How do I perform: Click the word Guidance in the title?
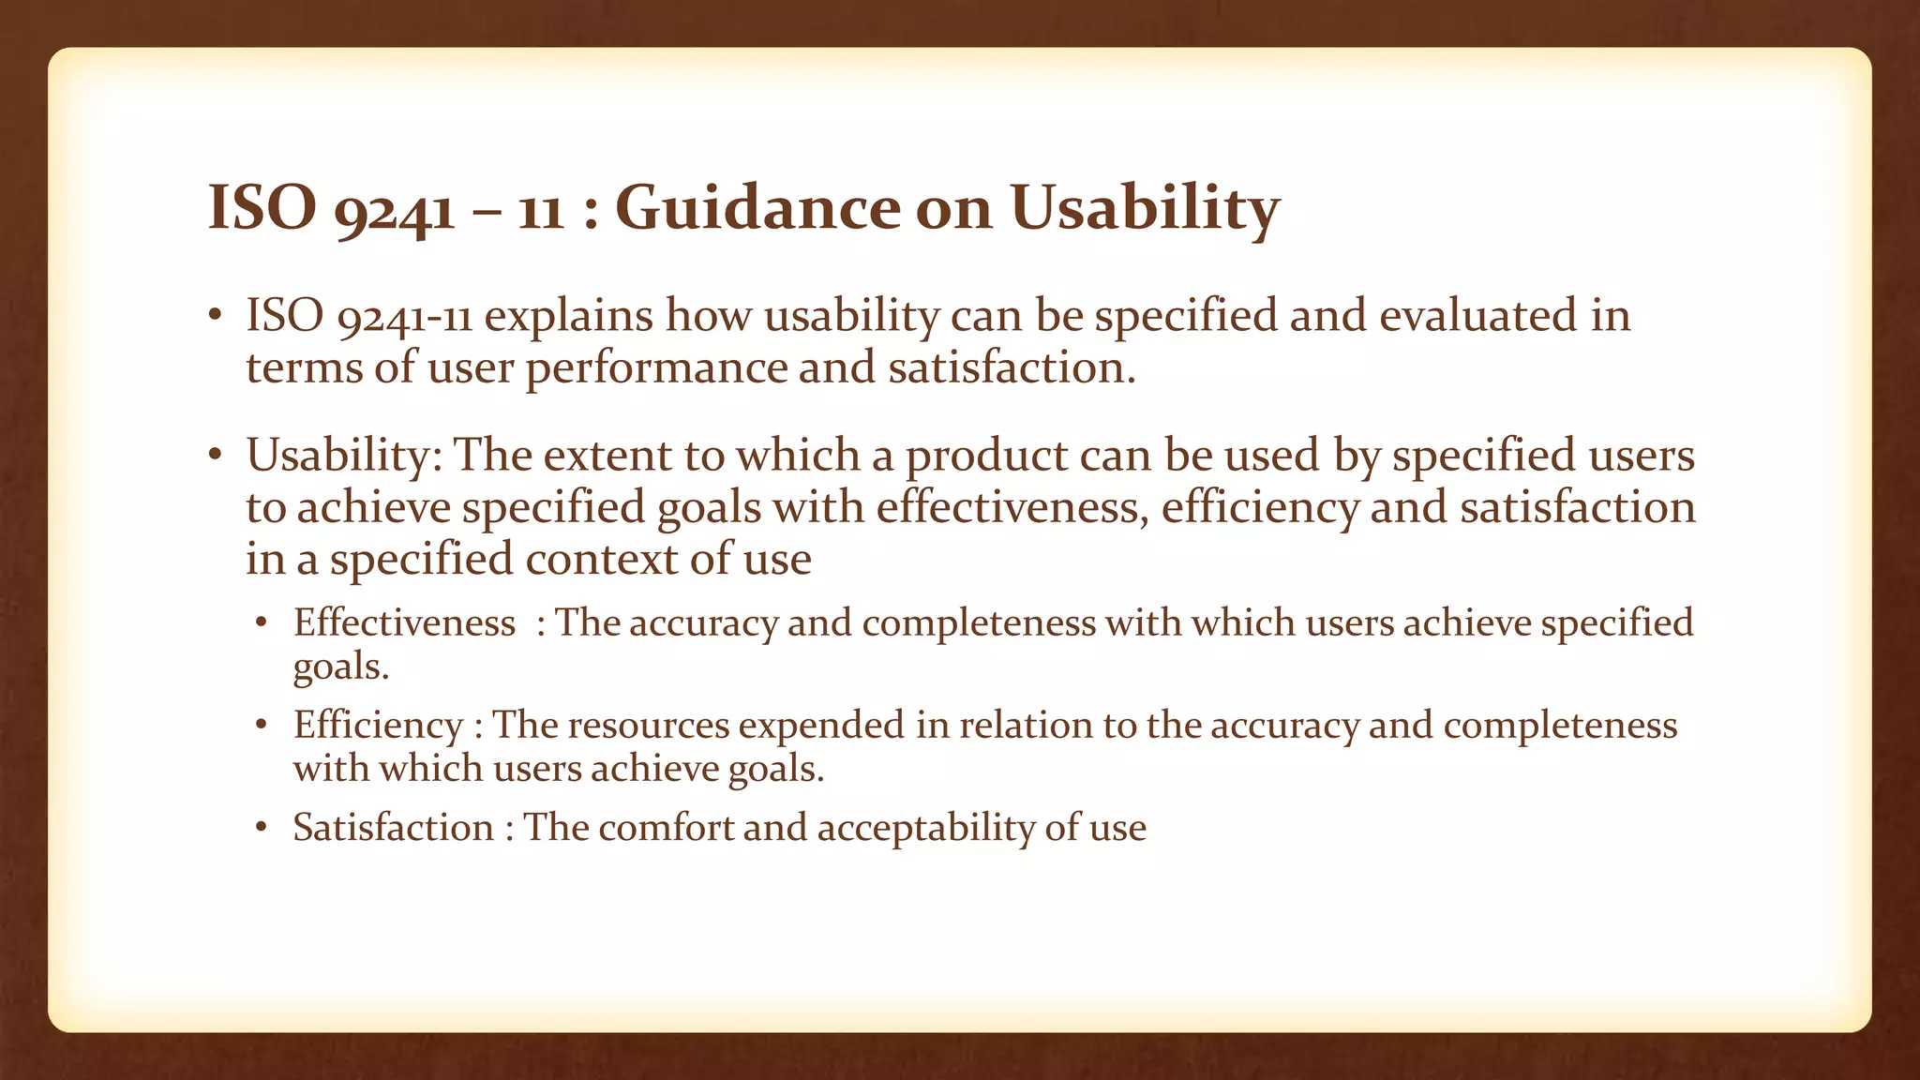pos(757,208)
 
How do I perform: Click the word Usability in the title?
pos(1145,208)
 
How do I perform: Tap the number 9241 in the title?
pos(395,210)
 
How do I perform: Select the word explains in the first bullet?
pos(568,317)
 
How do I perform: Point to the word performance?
pos(656,368)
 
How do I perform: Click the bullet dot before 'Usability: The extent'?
pos(215,456)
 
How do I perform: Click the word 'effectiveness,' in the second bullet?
pos(1012,508)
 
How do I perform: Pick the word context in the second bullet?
pos(601,560)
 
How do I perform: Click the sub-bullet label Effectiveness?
pos(404,623)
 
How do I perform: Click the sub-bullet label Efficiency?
pos(378,726)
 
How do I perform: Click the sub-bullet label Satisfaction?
pos(393,828)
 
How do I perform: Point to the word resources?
pos(648,726)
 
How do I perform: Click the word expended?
pos(821,727)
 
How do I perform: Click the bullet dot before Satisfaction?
pos(262,828)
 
